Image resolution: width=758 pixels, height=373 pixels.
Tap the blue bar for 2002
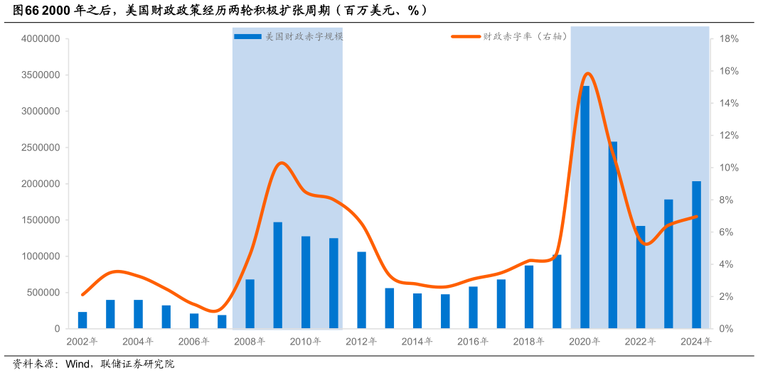tap(82, 320)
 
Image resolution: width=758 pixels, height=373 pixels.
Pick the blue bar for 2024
tap(697, 255)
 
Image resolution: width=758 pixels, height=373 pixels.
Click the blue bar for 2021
tap(613, 235)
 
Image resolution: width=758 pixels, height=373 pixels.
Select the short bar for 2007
tap(223, 322)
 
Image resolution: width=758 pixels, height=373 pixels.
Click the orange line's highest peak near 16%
tap(587, 73)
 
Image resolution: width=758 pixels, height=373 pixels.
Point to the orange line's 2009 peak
tap(282, 163)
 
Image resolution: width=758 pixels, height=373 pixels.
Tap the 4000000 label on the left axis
tap(41, 39)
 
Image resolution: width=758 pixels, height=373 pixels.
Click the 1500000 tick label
tap(41, 220)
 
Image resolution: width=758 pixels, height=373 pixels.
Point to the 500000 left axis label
tap(43, 293)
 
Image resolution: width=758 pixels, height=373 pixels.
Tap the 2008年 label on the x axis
tap(250, 342)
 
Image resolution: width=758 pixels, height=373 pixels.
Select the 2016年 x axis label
tap(474, 342)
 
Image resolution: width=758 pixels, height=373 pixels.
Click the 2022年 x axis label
tap(641, 342)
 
